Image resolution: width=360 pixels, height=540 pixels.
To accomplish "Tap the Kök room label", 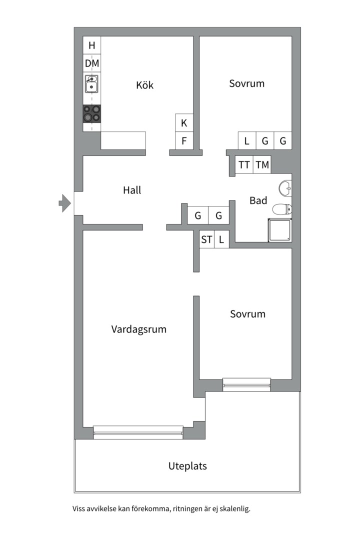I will [144, 85].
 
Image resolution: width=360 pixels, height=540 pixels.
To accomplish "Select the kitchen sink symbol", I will [91, 84].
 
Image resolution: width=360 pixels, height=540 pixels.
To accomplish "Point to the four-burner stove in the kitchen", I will [91, 114].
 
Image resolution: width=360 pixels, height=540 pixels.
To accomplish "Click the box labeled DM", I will [91, 63].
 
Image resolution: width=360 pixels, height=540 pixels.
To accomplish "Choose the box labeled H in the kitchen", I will [91, 45].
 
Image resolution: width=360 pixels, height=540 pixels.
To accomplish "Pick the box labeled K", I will [184, 123].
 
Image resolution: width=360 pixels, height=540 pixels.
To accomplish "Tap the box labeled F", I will [184, 141].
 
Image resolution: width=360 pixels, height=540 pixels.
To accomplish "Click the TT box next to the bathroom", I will [244, 164].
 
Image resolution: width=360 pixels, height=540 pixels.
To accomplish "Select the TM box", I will [262, 164].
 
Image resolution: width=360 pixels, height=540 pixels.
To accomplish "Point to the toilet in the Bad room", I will [282, 209].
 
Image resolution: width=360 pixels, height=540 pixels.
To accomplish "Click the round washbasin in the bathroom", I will [285, 188].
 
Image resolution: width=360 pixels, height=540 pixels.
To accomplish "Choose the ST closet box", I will [206, 239].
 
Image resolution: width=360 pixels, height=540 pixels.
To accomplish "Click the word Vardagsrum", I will [138, 329].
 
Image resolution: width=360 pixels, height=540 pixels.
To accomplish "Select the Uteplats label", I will [187, 466].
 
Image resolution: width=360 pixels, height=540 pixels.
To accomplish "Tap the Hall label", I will [132, 190].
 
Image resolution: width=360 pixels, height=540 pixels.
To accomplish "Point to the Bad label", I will [258, 200].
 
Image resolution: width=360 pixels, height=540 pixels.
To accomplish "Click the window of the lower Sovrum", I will [246, 384].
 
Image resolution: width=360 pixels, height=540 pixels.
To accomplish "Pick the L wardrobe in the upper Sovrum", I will [246, 141].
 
